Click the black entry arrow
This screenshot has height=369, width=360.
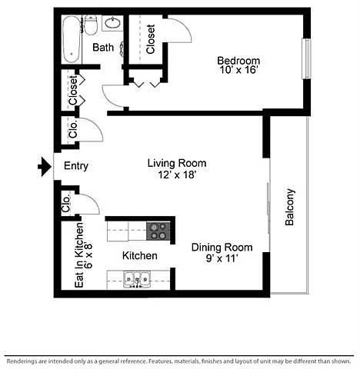[45, 167]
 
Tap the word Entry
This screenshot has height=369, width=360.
[76, 166]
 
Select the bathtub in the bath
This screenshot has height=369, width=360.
[72, 39]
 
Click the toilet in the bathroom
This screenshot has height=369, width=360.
[91, 25]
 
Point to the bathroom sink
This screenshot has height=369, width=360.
[112, 23]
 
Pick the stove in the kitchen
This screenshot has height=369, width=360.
[158, 231]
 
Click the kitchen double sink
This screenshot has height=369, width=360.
[137, 279]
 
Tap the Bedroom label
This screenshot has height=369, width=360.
[238, 61]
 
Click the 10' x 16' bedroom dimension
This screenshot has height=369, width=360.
[238, 70]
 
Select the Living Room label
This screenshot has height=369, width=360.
[177, 163]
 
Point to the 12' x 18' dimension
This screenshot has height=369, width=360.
[177, 175]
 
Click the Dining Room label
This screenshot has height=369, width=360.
[222, 248]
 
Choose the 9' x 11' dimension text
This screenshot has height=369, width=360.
[222, 258]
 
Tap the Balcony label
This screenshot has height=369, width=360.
[290, 207]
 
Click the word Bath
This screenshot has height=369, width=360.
[103, 48]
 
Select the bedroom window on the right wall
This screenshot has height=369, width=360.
[307, 58]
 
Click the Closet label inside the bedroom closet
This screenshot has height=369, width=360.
[151, 39]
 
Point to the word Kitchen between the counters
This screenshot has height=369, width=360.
[140, 256]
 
